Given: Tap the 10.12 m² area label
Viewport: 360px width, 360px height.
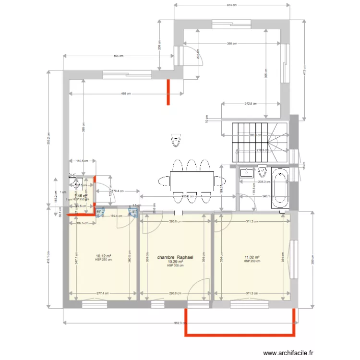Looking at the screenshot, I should (104, 256).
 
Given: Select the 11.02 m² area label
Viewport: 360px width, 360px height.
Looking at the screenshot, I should (252, 258).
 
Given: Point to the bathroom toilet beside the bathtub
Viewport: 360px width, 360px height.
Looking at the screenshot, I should (262, 171).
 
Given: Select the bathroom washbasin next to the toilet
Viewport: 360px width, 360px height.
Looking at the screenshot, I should (246, 172).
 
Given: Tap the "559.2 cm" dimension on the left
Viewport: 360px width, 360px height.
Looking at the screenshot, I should (48, 139).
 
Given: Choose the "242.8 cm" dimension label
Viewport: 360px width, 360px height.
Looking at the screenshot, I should (250, 103).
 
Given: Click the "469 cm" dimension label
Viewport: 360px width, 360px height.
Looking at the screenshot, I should (126, 94).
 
